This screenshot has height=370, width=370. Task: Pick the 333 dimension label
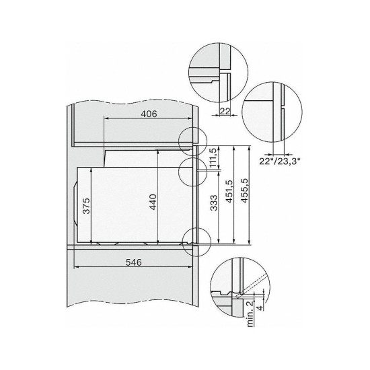pyautogui.click(x=212, y=211)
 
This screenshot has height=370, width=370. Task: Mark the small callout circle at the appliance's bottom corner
pyautogui.click(x=194, y=239)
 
